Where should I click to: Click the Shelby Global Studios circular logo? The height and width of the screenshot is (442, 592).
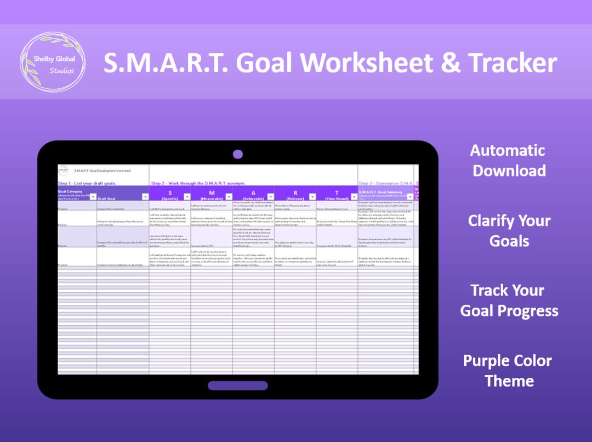coord(52,62)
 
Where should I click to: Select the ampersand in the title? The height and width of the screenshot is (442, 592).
coord(451,63)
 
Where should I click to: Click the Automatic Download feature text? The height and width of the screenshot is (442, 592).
coord(509,160)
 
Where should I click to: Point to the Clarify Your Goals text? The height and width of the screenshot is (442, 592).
coord(509,230)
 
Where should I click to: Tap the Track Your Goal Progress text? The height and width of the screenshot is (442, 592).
coord(509,301)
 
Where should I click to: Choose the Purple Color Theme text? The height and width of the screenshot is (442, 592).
coord(508,371)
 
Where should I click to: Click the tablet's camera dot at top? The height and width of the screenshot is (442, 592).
coord(237,154)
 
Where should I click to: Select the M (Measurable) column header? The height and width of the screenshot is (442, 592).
coord(212,195)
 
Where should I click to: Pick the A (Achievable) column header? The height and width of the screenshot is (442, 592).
coord(253,195)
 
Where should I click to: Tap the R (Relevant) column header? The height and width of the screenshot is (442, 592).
coord(295,195)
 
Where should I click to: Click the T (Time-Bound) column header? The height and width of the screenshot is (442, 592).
coord(337,195)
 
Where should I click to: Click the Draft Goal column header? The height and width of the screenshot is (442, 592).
coord(107,199)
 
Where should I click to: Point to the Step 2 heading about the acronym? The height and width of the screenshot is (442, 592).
coord(197,183)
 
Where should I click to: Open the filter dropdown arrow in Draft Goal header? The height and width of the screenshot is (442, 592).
coord(145,197)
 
